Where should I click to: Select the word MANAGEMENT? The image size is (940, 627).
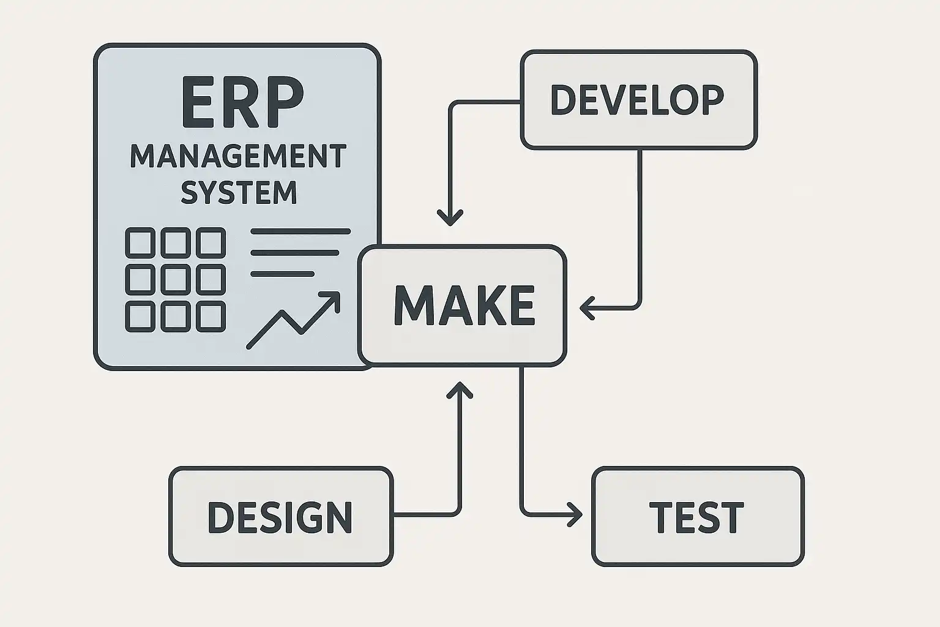coord(238,157)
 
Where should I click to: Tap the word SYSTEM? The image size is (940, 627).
coord(239,192)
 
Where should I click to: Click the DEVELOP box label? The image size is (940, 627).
coord(637,100)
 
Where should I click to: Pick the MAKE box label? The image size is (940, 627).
coord(464,305)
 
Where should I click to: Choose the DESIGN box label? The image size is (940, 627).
coord(280,517)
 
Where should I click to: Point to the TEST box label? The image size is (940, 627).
coord(696,517)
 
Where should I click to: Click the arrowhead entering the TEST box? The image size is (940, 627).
coord(575,514)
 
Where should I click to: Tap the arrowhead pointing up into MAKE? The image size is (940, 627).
coord(460,389)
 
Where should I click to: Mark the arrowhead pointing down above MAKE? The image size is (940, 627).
coord(450,218)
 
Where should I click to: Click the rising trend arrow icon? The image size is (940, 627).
coord(293,320)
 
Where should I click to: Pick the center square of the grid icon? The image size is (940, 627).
coord(176,279)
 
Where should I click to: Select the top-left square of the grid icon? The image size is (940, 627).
coord(140,242)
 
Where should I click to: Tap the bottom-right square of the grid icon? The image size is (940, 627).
coord(211,316)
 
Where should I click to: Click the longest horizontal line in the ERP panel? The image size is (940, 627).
coord(300,232)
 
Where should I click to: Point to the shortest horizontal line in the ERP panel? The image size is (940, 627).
coord(282,274)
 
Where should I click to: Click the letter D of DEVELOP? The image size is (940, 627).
coord(564,100)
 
